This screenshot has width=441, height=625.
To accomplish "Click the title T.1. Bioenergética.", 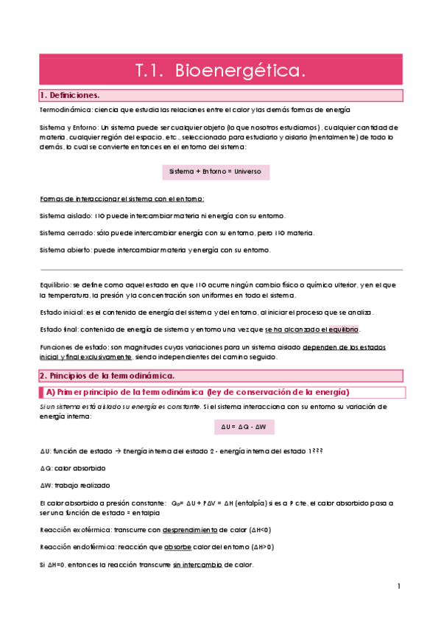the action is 220,70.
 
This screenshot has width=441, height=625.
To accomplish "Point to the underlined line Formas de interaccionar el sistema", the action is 121,199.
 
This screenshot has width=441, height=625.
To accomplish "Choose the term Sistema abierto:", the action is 66,250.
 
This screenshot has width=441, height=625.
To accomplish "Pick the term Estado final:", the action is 59,329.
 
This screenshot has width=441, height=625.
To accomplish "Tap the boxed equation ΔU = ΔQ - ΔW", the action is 242,427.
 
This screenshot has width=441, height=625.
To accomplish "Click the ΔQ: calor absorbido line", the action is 72,468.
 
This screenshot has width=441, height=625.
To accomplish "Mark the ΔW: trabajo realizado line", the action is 74,486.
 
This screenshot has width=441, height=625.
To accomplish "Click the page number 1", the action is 398,587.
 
